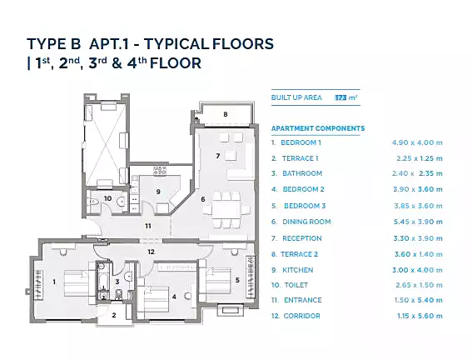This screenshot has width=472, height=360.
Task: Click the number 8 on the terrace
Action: (225, 114)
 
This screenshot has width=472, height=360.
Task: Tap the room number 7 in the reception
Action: (217, 156)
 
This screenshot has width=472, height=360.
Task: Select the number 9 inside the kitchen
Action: (158, 192)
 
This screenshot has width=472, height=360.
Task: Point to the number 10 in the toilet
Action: (107, 198)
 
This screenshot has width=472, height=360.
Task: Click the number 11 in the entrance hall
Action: (148, 226)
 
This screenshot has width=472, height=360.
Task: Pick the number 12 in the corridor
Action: (151, 252)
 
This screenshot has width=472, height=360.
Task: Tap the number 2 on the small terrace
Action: (114, 315)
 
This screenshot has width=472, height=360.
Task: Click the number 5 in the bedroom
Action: (237, 280)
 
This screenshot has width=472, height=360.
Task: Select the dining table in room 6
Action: (226, 210)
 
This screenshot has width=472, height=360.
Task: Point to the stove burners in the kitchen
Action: (160, 171)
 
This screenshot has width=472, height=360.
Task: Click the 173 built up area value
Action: (340, 97)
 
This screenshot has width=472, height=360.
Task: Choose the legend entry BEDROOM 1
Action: (301, 142)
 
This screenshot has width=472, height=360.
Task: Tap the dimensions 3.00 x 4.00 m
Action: (418, 270)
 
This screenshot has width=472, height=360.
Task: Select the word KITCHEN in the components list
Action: (298, 270)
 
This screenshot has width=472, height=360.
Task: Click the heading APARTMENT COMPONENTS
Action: (318, 128)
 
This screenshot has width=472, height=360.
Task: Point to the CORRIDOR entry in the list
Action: (301, 316)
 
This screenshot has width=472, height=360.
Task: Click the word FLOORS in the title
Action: (243, 44)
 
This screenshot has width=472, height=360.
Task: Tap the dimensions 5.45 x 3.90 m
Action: (418, 222)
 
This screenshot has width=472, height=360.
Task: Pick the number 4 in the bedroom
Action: (174, 297)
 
